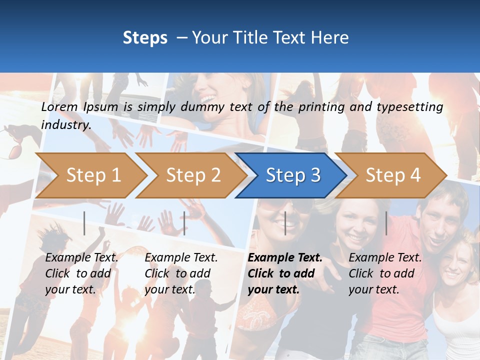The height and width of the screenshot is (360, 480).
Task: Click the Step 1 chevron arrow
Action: pos(93,175)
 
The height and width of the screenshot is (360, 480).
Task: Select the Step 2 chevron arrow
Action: pos(193,175)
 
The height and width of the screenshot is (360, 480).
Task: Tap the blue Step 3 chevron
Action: pos(293,175)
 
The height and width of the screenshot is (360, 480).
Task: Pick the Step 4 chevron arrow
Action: pos(393,175)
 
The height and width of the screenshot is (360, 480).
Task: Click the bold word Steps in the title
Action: pos(145,38)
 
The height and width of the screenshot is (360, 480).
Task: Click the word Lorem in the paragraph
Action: pos(59,107)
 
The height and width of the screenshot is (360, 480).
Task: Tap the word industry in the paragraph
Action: pos(65,124)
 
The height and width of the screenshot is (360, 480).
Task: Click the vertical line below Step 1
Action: pos(84,223)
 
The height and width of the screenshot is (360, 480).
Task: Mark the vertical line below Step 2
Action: pos(184,223)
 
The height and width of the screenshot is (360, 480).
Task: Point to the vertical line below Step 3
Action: pos(285,223)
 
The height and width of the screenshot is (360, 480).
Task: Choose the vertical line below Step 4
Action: pos(386,223)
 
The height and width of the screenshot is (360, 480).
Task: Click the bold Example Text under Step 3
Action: pos(285,258)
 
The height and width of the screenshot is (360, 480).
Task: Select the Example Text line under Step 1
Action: pos(81,258)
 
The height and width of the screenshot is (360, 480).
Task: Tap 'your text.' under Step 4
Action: pos(373,289)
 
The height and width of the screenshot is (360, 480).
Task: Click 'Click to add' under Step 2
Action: pos(177,273)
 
